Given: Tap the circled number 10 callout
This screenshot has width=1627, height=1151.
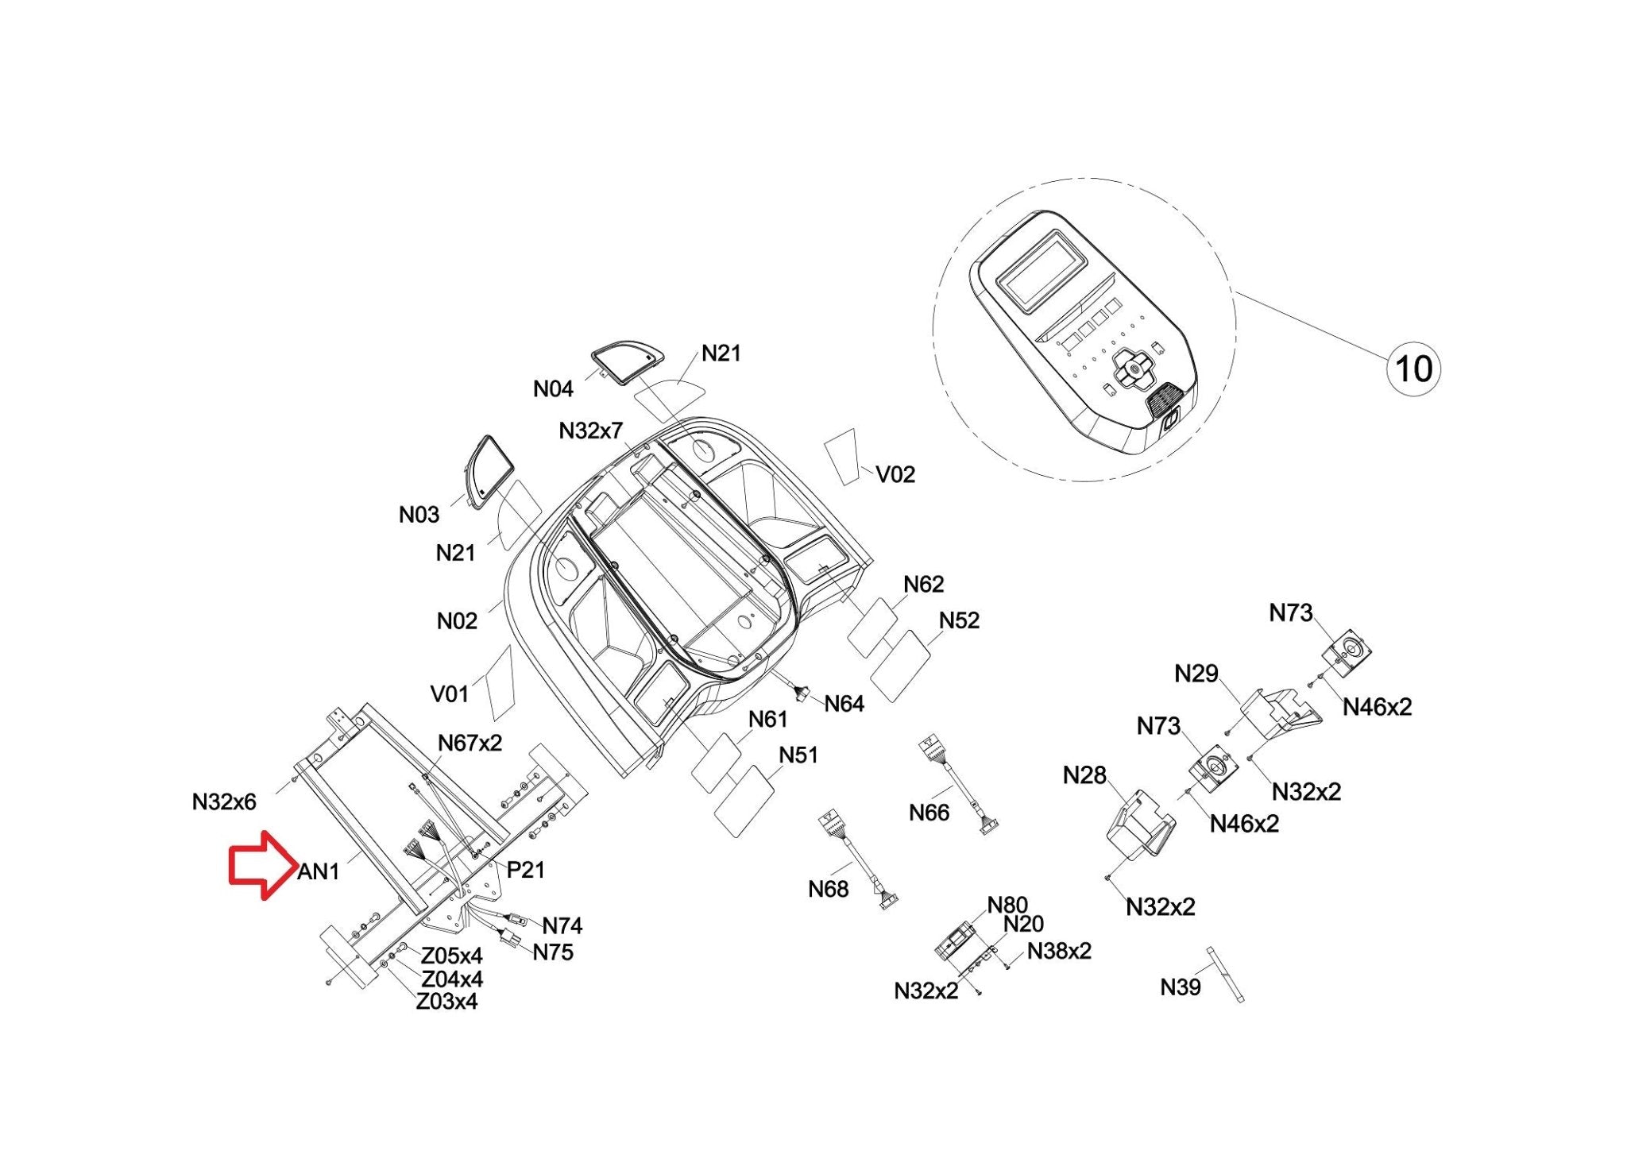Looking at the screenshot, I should [1413, 369].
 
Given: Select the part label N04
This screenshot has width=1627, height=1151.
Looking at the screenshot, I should [553, 389].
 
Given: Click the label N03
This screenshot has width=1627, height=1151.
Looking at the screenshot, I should [419, 515].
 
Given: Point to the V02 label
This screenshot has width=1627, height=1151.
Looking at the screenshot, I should [895, 474].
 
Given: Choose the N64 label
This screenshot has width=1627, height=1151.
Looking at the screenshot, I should [844, 704].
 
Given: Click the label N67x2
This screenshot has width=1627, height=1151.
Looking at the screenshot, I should [470, 744].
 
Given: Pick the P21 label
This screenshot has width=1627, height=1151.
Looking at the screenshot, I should [525, 870].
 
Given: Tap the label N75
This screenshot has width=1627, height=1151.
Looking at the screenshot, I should [553, 952].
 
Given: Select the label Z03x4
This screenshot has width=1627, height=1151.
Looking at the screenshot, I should [446, 1002].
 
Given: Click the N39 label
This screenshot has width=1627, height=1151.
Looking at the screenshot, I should [1181, 987].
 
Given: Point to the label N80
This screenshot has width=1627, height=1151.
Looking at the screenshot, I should [1007, 905].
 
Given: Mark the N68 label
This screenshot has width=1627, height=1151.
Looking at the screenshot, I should [829, 889].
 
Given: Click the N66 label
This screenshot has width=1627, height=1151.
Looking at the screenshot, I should [929, 813].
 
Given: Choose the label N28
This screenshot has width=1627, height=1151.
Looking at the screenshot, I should [1084, 774].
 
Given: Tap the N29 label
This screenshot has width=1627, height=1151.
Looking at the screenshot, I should [1196, 674].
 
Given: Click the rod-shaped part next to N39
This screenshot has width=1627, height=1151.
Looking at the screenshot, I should [1224, 974].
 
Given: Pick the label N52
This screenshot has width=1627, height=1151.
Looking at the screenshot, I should [959, 620].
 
